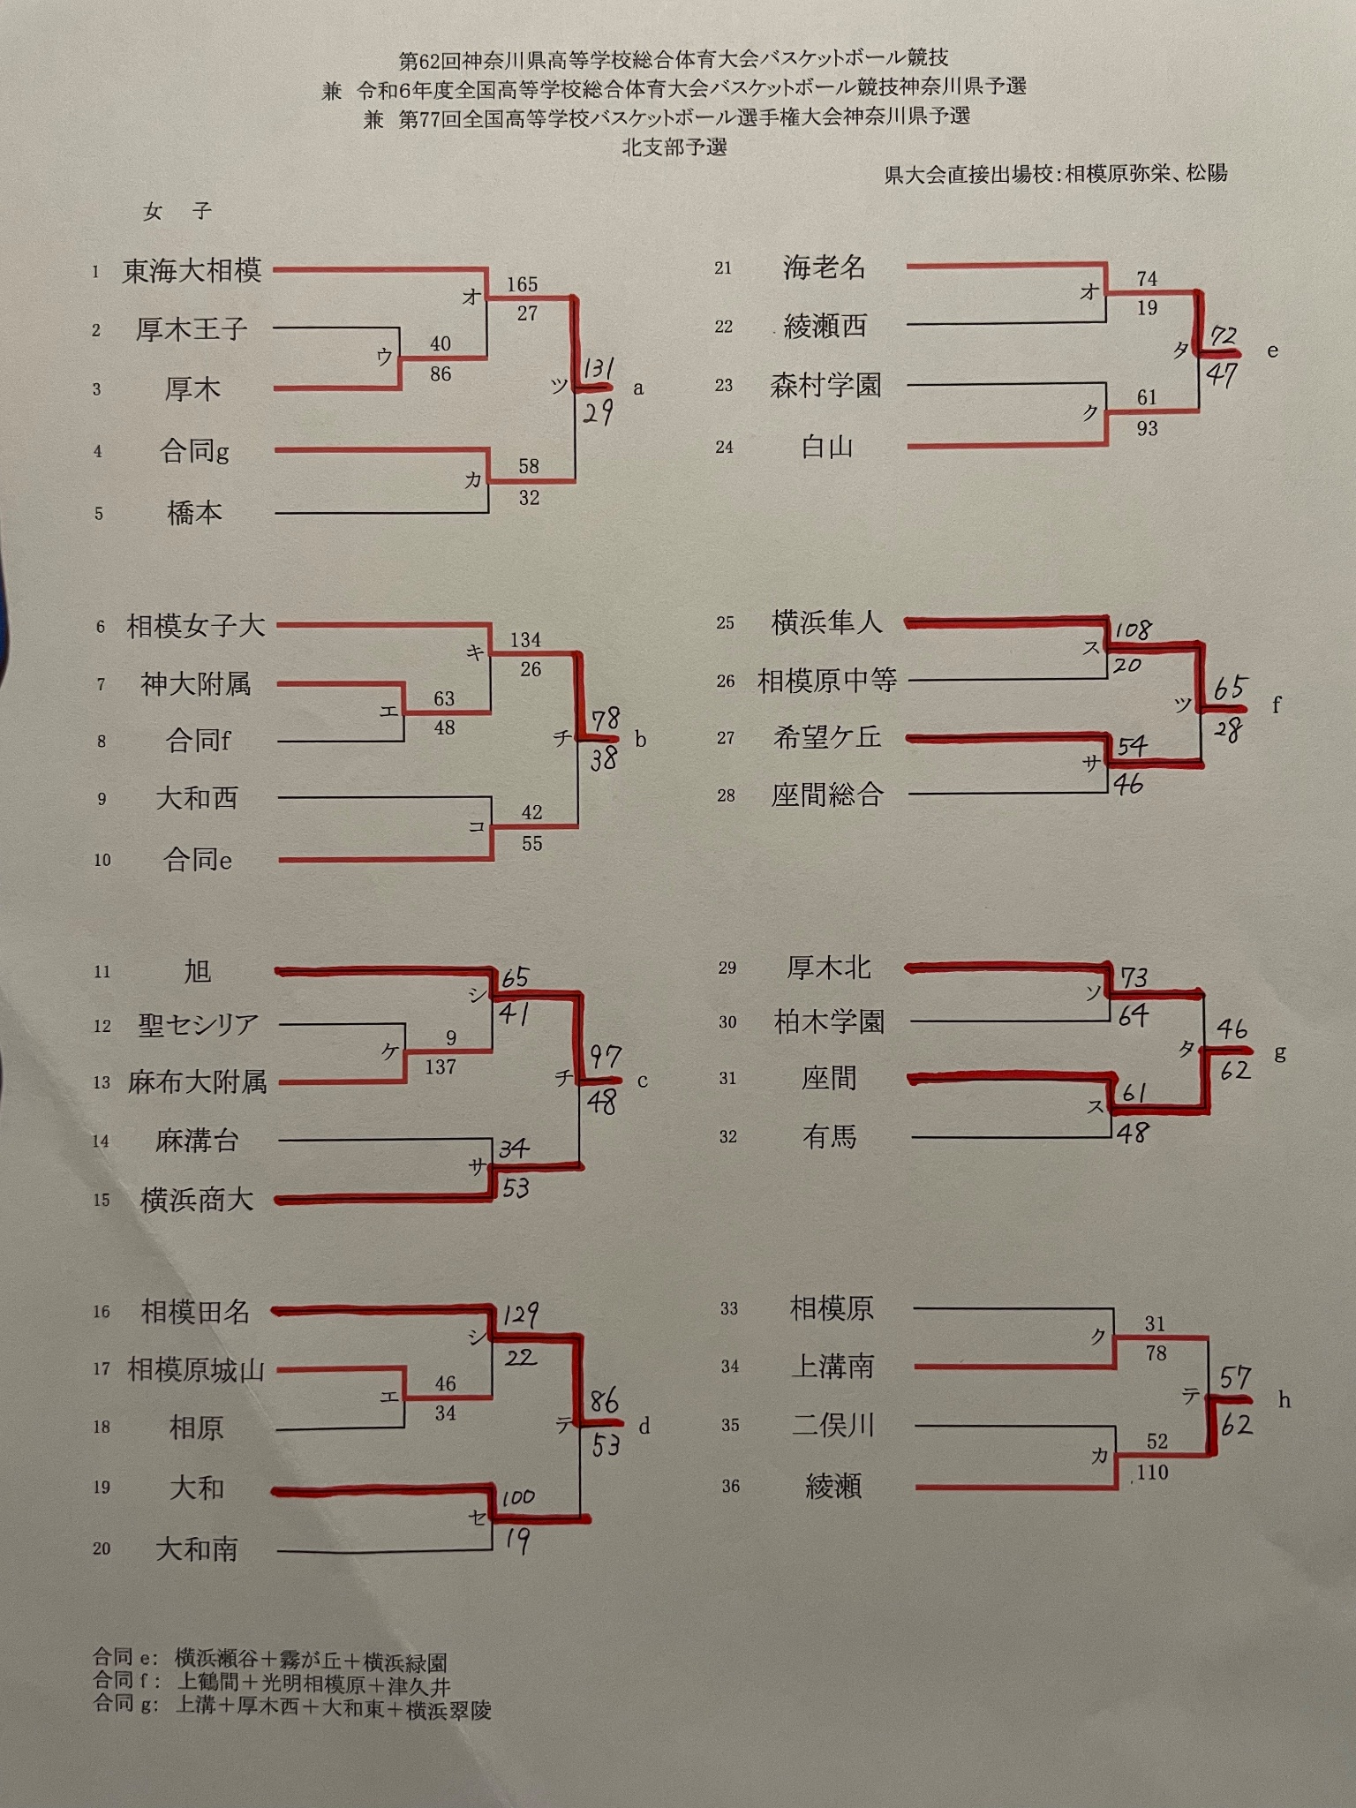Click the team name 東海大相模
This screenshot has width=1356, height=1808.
pos(192,270)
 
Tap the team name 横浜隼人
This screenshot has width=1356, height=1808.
pos(826,622)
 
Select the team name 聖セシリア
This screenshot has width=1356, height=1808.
pos(198,1024)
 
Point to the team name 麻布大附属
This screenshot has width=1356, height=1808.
pos(197,1082)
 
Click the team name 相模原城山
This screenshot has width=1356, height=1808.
pos(196,1370)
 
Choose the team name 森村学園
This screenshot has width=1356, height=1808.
pos(825,385)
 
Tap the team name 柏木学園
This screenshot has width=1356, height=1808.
pos(829,1022)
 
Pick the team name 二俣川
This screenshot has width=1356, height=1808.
pos(832,1425)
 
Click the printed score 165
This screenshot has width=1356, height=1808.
pos(522,284)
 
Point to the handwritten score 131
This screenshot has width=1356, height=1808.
pos(599,369)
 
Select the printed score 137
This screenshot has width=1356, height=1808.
pos(440,1067)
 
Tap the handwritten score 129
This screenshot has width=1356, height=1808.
pos(520,1315)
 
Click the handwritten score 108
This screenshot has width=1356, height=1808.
pos(1133,630)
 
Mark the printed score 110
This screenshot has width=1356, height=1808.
pos(1153,1472)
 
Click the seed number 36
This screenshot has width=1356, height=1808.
pos(730,1487)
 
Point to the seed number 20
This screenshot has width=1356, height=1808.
pos(102,1548)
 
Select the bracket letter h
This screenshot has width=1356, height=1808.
pos(1284,1400)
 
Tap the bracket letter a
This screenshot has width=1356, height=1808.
pos(638,388)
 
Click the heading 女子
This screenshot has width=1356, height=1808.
pos(177,211)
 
